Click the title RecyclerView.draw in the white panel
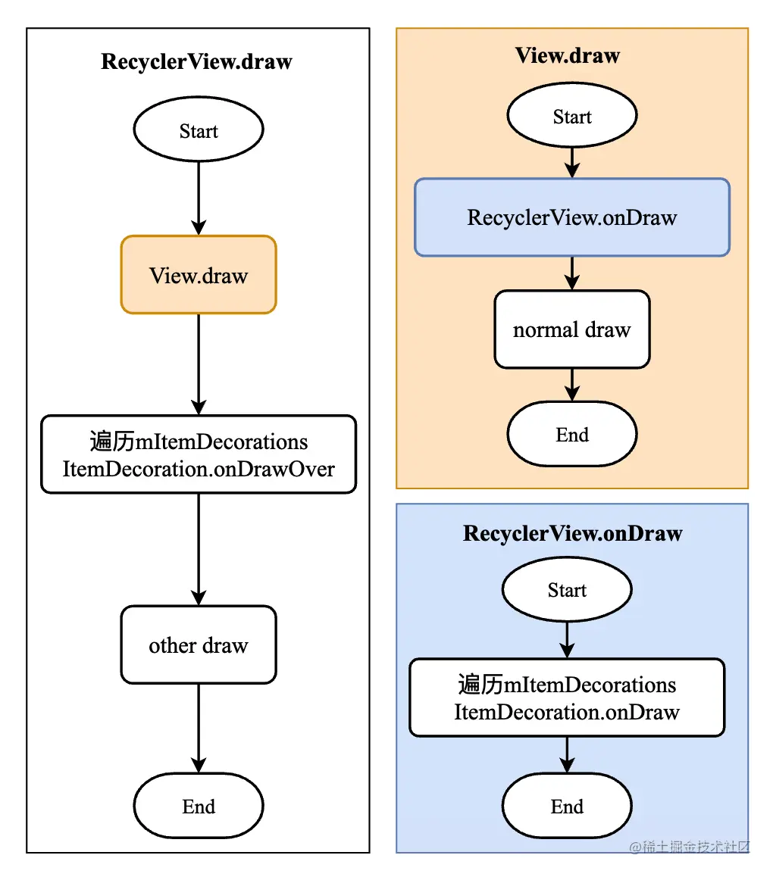pyautogui.click(x=196, y=61)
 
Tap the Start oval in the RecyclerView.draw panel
pyautogui.click(x=198, y=130)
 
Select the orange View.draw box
pyautogui.click(x=198, y=275)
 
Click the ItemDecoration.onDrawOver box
pyautogui.click(x=198, y=454)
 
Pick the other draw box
pyautogui.click(x=198, y=644)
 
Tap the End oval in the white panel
pyautogui.click(x=198, y=805)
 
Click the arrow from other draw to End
pyautogui.click(x=198, y=729)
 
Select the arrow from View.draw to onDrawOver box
pyautogui.click(x=198, y=364)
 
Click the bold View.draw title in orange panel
pyautogui.click(x=568, y=55)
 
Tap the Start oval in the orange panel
pyautogui.click(x=572, y=115)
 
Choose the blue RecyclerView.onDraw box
pyautogui.click(x=572, y=217)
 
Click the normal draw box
pyautogui.click(x=572, y=329)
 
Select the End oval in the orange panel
pyautogui.click(x=572, y=434)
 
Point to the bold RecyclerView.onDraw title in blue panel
pyautogui.click(x=573, y=533)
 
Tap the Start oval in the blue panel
pyautogui.click(x=567, y=589)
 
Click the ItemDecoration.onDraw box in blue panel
pyautogui.click(x=567, y=698)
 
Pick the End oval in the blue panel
pyautogui.click(x=567, y=805)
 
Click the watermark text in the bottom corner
pyautogui.click(x=690, y=847)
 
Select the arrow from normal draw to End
pyautogui.click(x=572, y=385)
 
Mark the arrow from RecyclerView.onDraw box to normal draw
pyautogui.click(x=572, y=273)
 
